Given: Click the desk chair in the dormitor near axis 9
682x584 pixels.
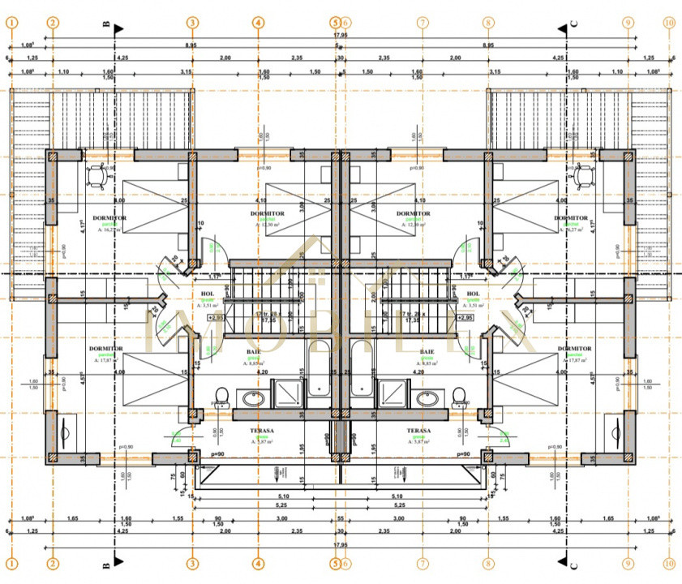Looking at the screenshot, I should click(x=584, y=173).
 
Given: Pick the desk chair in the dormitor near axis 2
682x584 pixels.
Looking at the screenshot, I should click(x=97, y=173).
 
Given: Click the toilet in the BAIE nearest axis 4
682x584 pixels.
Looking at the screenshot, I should click(x=221, y=397).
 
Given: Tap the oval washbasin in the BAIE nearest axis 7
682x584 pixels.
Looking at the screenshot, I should click(x=429, y=398).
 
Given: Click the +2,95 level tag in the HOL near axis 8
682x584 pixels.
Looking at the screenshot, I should click(x=465, y=318).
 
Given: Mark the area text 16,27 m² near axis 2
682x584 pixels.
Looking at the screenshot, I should click(x=112, y=230).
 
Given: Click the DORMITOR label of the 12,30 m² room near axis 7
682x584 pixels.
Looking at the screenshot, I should click(x=413, y=214).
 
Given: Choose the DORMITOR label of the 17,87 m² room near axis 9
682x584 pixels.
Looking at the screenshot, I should click(x=573, y=349).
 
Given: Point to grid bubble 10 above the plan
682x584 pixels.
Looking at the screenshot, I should click(x=668, y=23).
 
